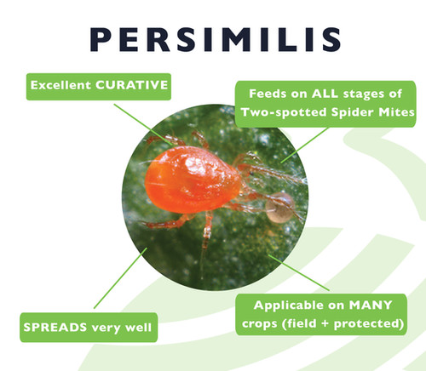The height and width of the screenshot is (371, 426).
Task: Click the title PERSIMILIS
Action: pos(213,39)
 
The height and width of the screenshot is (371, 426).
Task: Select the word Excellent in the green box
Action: pos(62,85)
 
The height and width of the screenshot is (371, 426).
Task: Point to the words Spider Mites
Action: pos(376,113)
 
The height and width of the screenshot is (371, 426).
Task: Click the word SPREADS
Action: pos(49,324)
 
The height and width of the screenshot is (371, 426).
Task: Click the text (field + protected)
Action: pos(355,325)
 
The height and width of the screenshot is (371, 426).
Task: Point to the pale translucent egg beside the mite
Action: pos(279,207)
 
